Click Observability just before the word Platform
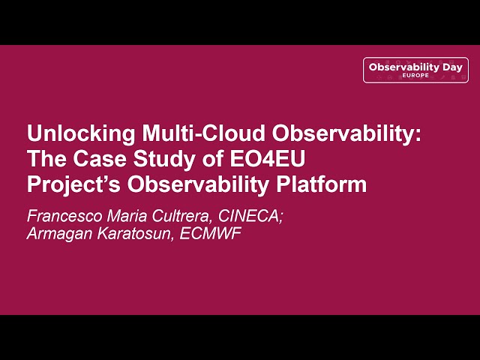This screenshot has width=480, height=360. tap(193, 184)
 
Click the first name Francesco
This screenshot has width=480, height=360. tap(61, 215)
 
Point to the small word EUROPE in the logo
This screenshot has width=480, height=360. tap(415, 76)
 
